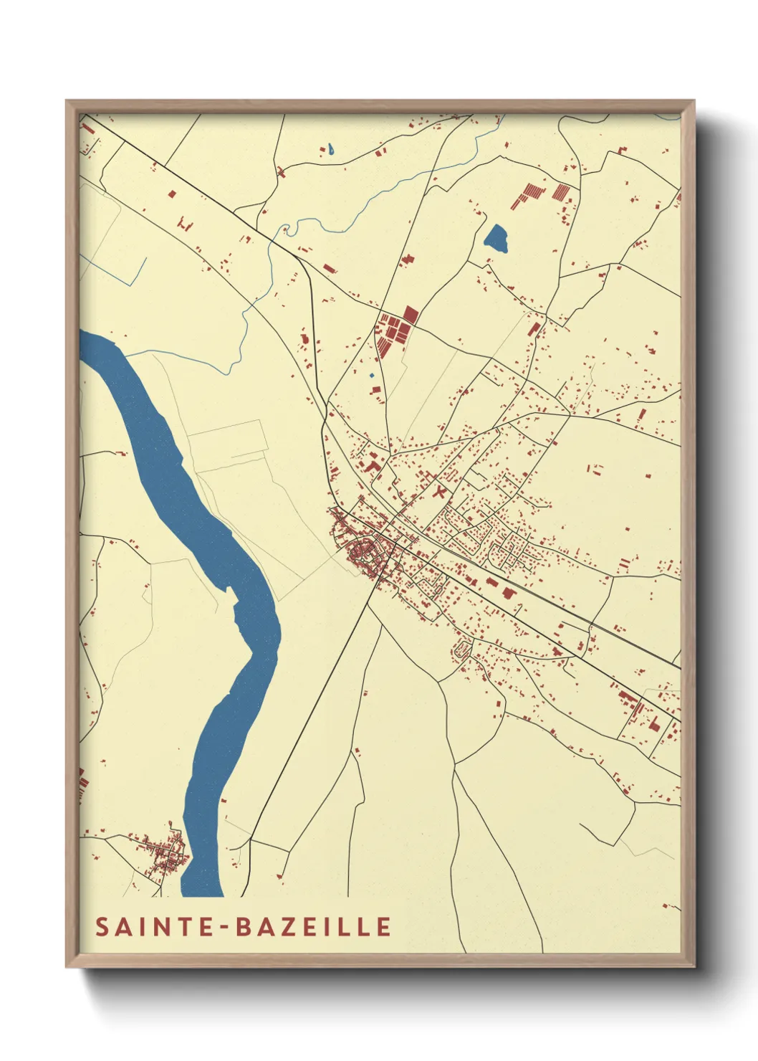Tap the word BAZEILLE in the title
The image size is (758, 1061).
point(313,926)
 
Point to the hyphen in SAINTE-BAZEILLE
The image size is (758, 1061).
point(226,927)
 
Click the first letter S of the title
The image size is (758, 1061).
point(102,926)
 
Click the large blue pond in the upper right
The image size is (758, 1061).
point(496,238)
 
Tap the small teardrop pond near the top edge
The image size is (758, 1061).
point(330,150)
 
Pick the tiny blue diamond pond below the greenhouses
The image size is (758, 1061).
point(371,375)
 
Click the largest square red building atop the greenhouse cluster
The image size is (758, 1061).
point(410,314)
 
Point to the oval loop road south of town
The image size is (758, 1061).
point(461,650)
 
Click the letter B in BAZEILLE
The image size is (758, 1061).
point(243,926)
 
